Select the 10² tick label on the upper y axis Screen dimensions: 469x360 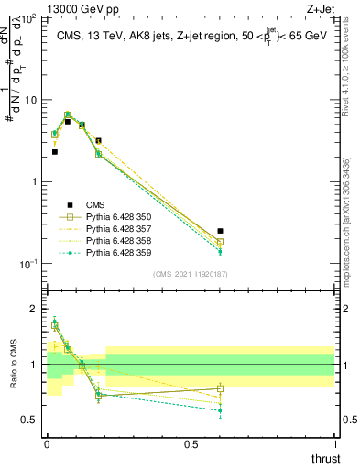click(x=27, y=18)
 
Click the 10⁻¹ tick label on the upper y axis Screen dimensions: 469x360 click(x=27, y=264)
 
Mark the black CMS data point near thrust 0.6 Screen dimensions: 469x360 click(x=220, y=232)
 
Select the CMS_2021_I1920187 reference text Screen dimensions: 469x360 click(x=191, y=273)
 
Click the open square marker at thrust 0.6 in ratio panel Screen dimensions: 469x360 click(x=220, y=388)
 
